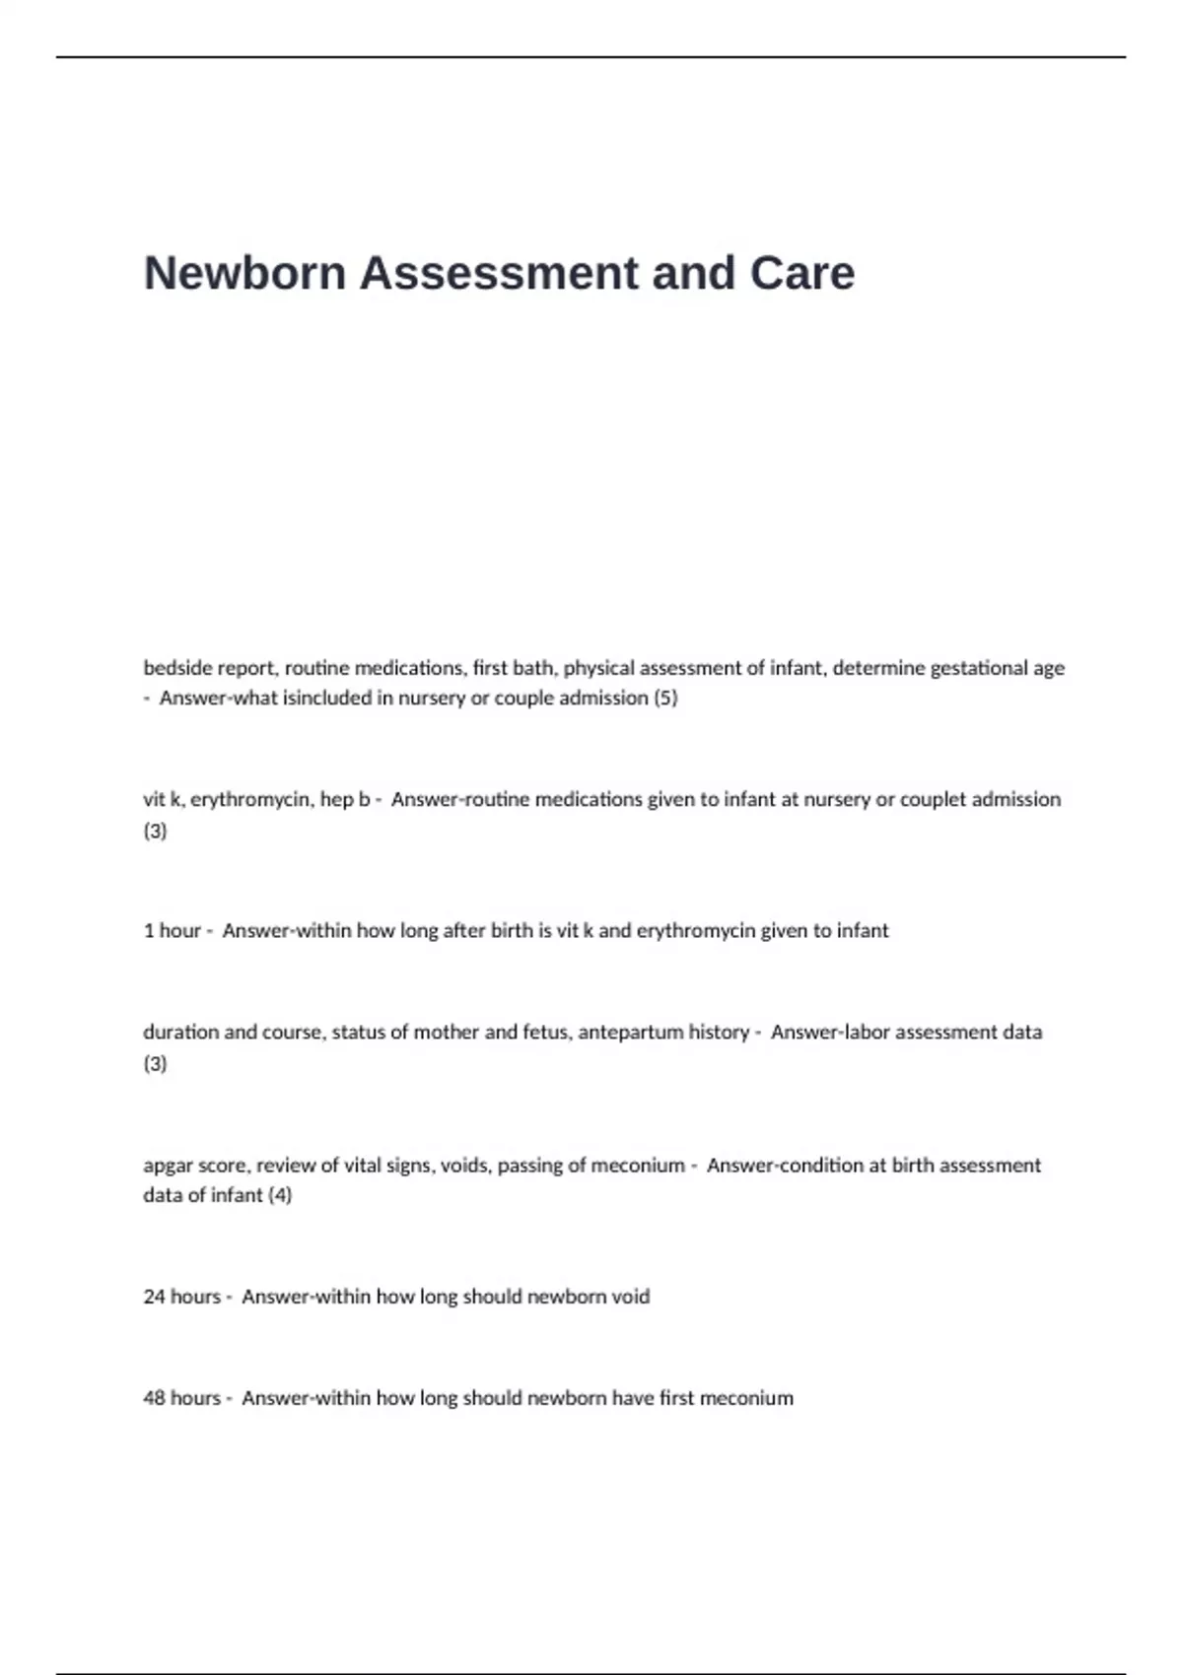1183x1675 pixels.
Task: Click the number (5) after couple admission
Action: [x=665, y=699]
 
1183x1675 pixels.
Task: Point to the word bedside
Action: [x=176, y=668]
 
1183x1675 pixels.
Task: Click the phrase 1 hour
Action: [x=172, y=930]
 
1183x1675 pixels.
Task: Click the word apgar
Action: [x=169, y=1166]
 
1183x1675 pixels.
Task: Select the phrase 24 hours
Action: [x=181, y=1297]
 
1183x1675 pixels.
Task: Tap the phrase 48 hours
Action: [x=181, y=1398]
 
